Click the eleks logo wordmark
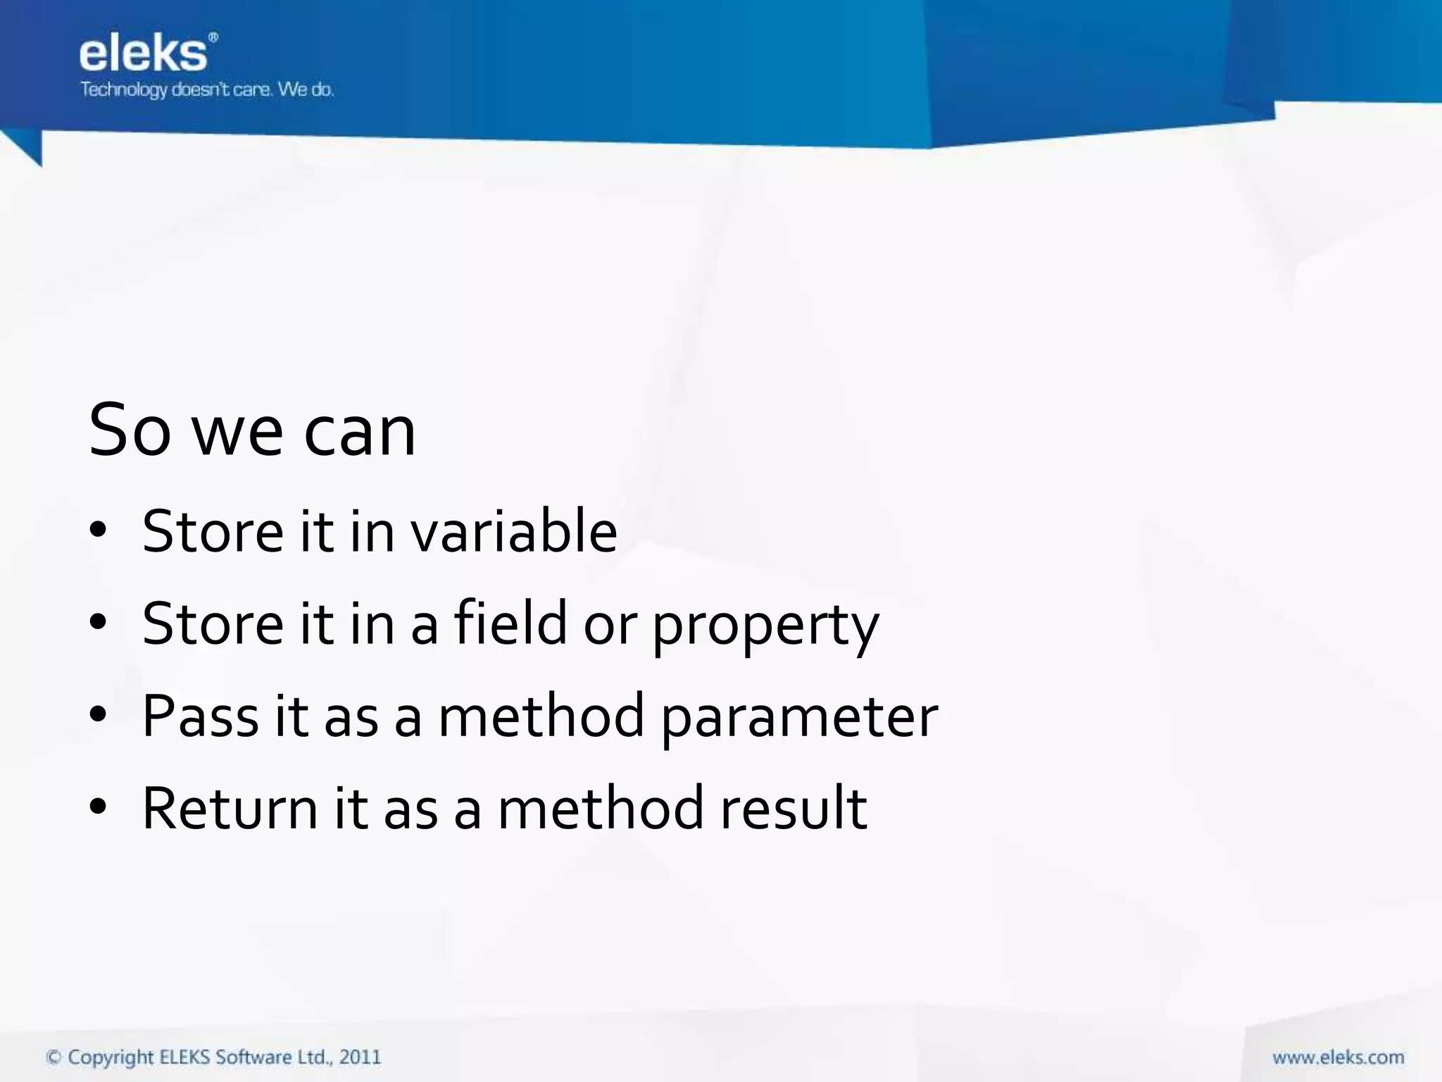tap(143, 54)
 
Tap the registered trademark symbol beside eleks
tap(213, 38)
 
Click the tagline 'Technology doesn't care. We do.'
tap(206, 90)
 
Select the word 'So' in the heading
tap(130, 430)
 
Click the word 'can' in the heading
tap(359, 430)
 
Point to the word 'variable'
tap(514, 531)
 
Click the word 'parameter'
tap(799, 719)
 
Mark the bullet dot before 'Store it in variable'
tap(98, 530)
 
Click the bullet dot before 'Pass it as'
tap(98, 715)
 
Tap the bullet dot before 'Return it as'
tap(98, 807)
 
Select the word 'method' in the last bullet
tap(600, 809)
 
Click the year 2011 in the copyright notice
tap(360, 1057)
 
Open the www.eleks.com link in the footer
tap(1338, 1057)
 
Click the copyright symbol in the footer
tap(54, 1057)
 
